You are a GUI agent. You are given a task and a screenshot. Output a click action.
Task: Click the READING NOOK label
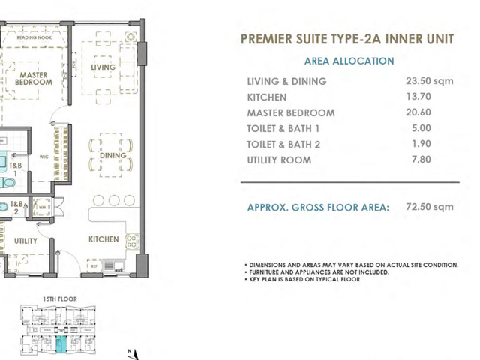point(34,37)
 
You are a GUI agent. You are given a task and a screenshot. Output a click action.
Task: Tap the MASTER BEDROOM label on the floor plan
point(34,78)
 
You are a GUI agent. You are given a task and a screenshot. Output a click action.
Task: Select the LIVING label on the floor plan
point(103,67)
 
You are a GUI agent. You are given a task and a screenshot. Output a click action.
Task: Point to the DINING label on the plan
point(113,155)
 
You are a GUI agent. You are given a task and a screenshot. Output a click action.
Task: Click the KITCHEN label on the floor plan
point(103,239)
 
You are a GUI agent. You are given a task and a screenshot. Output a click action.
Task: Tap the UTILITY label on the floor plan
point(25,241)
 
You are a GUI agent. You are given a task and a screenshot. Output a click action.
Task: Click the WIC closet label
point(43,157)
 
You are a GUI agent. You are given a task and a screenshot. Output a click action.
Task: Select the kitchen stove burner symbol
point(132,241)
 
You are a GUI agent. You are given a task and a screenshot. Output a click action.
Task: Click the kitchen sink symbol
point(113,265)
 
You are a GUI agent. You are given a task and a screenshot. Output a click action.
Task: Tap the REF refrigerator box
point(94,266)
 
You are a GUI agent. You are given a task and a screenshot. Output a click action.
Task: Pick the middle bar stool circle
point(114,200)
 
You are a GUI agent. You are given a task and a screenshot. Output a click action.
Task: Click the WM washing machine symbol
point(42,207)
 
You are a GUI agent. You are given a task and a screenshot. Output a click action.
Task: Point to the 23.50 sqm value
point(430,81)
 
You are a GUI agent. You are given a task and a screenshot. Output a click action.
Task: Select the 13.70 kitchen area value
point(418,97)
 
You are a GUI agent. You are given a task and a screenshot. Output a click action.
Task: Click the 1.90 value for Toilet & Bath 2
point(421,143)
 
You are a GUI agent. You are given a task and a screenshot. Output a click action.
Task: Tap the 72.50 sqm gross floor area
point(430,207)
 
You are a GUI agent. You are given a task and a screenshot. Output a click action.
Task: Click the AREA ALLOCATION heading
point(349,61)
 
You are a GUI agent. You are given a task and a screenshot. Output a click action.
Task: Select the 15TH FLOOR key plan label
point(60,298)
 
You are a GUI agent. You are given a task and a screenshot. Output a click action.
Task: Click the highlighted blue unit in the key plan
point(61,344)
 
